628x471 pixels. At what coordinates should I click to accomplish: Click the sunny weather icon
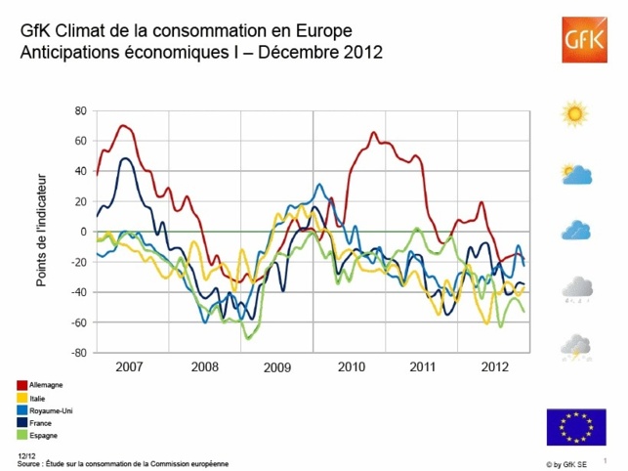tap(575, 113)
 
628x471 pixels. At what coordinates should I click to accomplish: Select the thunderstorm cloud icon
tap(576, 346)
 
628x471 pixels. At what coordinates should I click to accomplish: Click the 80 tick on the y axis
tap(81, 110)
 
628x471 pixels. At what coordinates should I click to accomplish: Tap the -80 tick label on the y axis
tap(78, 353)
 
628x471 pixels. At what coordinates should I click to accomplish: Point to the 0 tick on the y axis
tap(84, 232)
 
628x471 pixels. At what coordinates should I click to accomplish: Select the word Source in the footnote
tap(29, 461)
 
